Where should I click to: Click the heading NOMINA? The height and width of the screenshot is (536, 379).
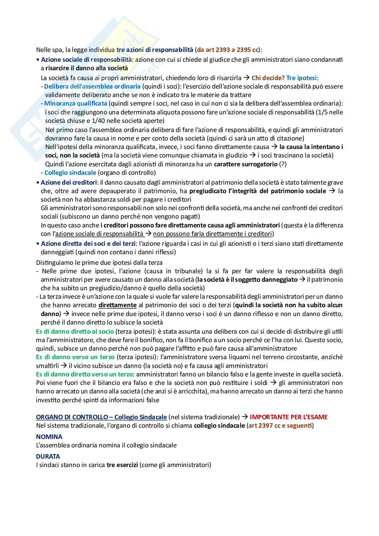(49, 437)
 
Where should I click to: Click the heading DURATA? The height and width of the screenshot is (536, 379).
(48, 456)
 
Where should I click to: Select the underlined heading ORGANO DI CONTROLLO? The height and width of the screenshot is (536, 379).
(101, 417)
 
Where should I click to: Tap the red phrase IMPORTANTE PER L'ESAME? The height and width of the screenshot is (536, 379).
(288, 417)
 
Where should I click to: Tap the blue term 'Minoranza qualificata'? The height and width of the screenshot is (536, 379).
(76, 103)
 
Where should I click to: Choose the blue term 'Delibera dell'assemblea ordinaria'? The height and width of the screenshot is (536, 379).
(92, 86)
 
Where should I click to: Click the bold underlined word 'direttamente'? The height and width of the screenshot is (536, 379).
(118, 305)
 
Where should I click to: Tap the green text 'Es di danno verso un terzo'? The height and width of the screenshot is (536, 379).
(75, 357)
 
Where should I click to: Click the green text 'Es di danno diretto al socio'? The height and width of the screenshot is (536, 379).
(75, 331)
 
